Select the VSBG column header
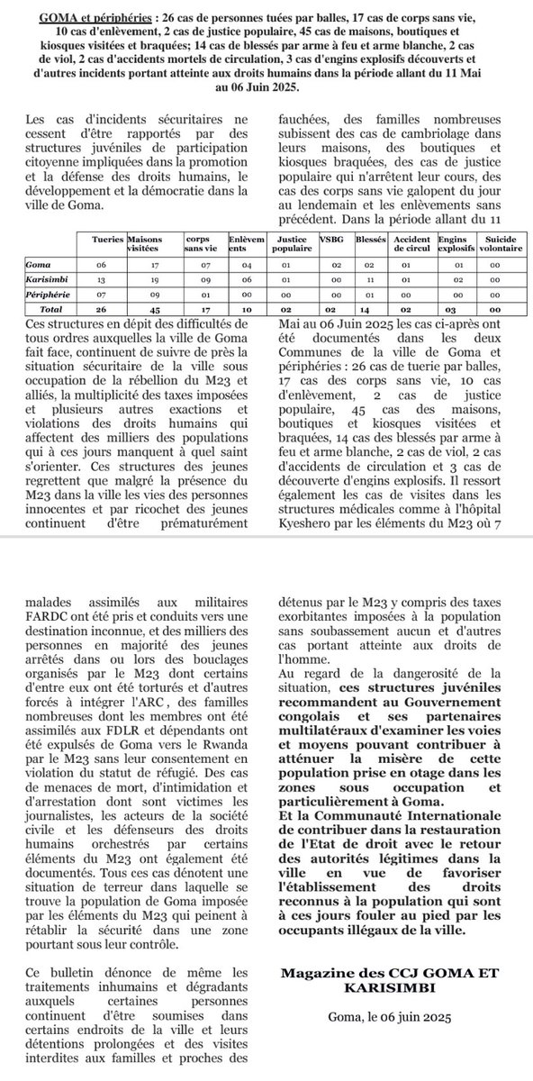pos(330,241)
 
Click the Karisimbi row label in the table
pos(46,279)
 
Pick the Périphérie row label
pos(48,293)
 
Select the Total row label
pos(41,307)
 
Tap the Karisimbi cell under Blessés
pos(365,279)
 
